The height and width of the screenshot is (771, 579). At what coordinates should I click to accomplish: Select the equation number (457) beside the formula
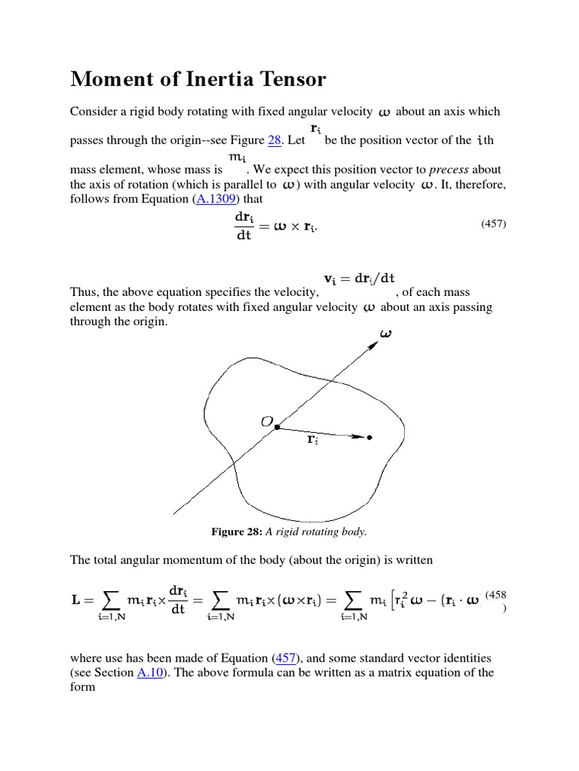(495, 225)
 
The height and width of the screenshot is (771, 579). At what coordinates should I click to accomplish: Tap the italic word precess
(450, 169)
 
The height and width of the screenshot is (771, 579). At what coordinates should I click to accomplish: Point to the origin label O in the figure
(266, 423)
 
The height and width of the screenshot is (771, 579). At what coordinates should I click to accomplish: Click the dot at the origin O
(277, 427)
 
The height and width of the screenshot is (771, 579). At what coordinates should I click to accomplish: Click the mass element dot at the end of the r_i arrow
(369, 437)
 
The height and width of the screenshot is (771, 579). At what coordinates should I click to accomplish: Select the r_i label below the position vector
(312, 440)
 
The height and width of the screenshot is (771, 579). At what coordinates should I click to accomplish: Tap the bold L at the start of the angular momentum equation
(76, 599)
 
